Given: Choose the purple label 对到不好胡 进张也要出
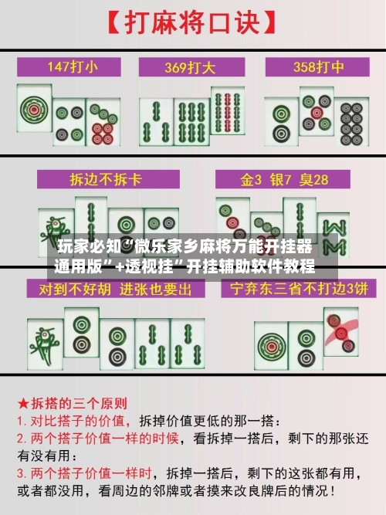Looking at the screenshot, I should click(109, 290).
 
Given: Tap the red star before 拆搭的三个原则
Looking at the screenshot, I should click(23, 404).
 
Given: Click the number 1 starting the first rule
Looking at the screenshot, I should click(22, 422).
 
